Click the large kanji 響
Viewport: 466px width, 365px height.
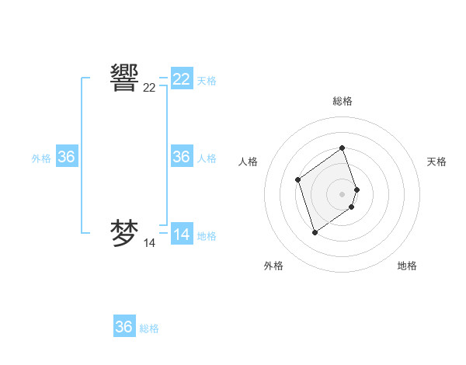point(125,78)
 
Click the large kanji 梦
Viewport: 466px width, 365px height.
point(125,233)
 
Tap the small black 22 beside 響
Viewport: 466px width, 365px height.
point(149,89)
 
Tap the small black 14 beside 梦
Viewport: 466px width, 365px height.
point(149,244)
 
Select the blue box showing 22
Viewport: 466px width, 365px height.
point(182,79)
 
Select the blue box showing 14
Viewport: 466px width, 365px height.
point(182,235)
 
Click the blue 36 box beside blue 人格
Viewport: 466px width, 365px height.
point(182,157)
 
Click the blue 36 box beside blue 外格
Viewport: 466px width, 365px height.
point(67,157)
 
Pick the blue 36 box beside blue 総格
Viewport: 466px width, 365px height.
point(124,327)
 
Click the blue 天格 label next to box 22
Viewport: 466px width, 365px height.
point(207,81)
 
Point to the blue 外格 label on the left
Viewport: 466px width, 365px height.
point(41,158)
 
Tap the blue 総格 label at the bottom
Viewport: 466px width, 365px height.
point(149,328)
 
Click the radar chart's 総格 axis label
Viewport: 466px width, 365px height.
point(343,101)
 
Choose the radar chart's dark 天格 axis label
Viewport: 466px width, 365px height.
point(436,162)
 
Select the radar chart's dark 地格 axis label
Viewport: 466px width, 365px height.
point(407,266)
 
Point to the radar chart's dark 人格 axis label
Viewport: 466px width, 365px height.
point(249,162)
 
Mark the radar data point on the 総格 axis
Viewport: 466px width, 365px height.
point(343,148)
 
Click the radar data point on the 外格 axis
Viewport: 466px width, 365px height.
point(315,232)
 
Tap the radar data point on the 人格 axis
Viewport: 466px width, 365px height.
point(298,180)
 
